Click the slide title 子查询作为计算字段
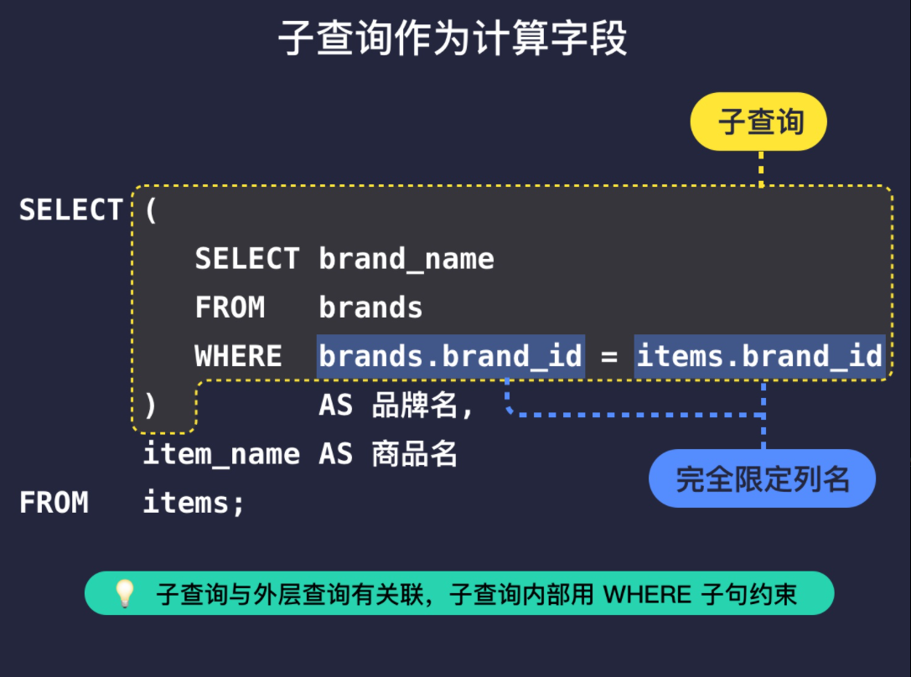(x=453, y=39)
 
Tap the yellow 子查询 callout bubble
(x=758, y=122)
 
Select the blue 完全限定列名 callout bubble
(x=762, y=479)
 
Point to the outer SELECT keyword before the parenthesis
(x=70, y=209)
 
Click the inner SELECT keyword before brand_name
(x=246, y=259)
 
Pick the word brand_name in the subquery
(x=406, y=259)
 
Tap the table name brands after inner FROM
(x=370, y=307)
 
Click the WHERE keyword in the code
(x=238, y=356)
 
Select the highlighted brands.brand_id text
(x=450, y=356)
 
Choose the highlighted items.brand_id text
(x=759, y=356)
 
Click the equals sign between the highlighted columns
(x=609, y=357)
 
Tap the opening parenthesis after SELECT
(x=151, y=209)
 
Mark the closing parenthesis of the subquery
(x=151, y=406)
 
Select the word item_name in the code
(x=221, y=454)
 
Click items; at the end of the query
(x=194, y=503)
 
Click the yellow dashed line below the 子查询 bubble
(x=761, y=168)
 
